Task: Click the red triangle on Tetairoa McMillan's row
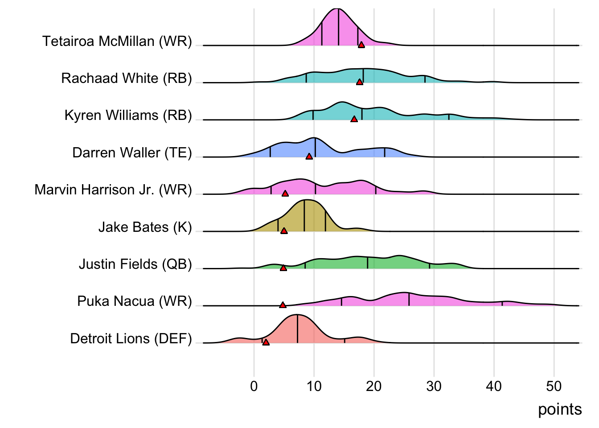click(x=361, y=45)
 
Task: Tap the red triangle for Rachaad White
click(x=360, y=82)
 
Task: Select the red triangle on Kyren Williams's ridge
click(x=354, y=119)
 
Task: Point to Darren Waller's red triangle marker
click(x=309, y=156)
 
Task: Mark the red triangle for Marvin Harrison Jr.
click(x=285, y=193)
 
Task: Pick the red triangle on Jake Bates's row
click(x=284, y=231)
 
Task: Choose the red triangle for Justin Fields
click(x=283, y=268)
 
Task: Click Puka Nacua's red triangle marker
click(x=283, y=305)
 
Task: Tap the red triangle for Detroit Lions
click(x=266, y=342)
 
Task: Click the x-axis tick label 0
click(x=254, y=386)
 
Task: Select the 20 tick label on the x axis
click(x=374, y=386)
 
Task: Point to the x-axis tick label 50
click(x=554, y=386)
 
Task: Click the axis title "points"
click(x=560, y=409)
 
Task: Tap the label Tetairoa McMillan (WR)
click(x=117, y=41)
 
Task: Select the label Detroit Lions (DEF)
click(x=131, y=339)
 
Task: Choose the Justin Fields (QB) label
click(x=135, y=264)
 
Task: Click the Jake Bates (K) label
click(x=145, y=227)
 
